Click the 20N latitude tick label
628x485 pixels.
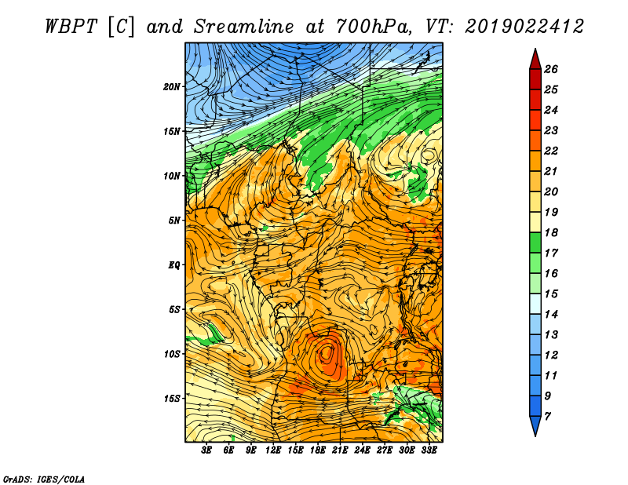click(171, 86)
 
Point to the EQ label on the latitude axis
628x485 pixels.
click(173, 264)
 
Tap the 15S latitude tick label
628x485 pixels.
click(171, 399)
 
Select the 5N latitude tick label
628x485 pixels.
click(174, 221)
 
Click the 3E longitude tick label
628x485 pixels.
click(206, 450)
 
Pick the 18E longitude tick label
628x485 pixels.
click(317, 450)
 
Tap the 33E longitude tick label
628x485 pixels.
click(429, 450)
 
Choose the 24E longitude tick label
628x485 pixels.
click(362, 450)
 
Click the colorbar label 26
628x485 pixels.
click(551, 69)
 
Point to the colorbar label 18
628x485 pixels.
click(551, 232)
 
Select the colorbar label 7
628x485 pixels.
click(547, 417)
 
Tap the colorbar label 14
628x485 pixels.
click(551, 315)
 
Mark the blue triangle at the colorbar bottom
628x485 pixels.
click(535, 425)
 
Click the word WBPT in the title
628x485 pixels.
click(71, 27)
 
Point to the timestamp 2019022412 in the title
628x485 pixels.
click(524, 27)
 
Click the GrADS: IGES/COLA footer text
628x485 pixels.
click(44, 479)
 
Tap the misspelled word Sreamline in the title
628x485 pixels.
click(243, 27)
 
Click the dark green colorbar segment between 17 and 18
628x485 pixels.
click(535, 242)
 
